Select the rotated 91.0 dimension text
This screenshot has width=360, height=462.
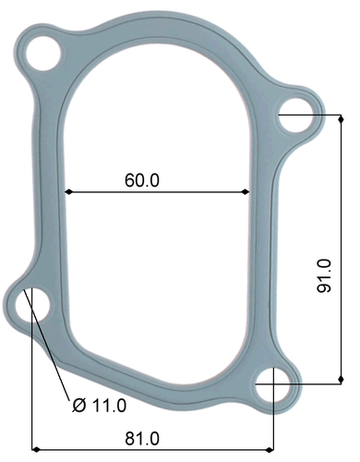324,275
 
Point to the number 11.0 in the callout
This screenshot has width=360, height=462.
109,405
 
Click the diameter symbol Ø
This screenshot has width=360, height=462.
78,405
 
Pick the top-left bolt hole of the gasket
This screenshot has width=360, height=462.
42,55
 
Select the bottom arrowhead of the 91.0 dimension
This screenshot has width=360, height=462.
342,378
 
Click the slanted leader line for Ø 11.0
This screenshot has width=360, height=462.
52,356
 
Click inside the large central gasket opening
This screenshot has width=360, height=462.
157,259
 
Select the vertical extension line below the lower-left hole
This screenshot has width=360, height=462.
32,388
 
